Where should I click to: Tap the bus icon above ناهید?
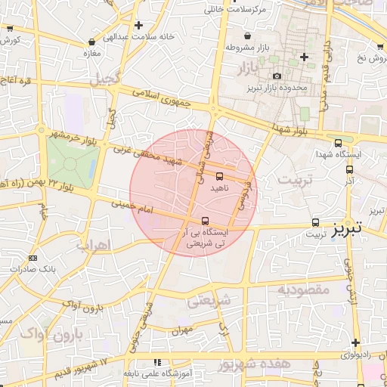pyautogui.click(x=220, y=176)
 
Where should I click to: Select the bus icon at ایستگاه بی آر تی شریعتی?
pyautogui.click(x=204, y=221)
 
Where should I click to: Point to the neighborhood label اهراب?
pyautogui.click(x=94, y=245)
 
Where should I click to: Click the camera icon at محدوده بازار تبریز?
pyautogui.click(x=277, y=76)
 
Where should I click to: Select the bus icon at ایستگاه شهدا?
pyautogui.click(x=337, y=141)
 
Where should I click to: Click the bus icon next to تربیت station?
pyautogui.click(x=316, y=222)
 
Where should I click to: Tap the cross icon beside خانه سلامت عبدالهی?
pyautogui.click(x=138, y=25)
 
